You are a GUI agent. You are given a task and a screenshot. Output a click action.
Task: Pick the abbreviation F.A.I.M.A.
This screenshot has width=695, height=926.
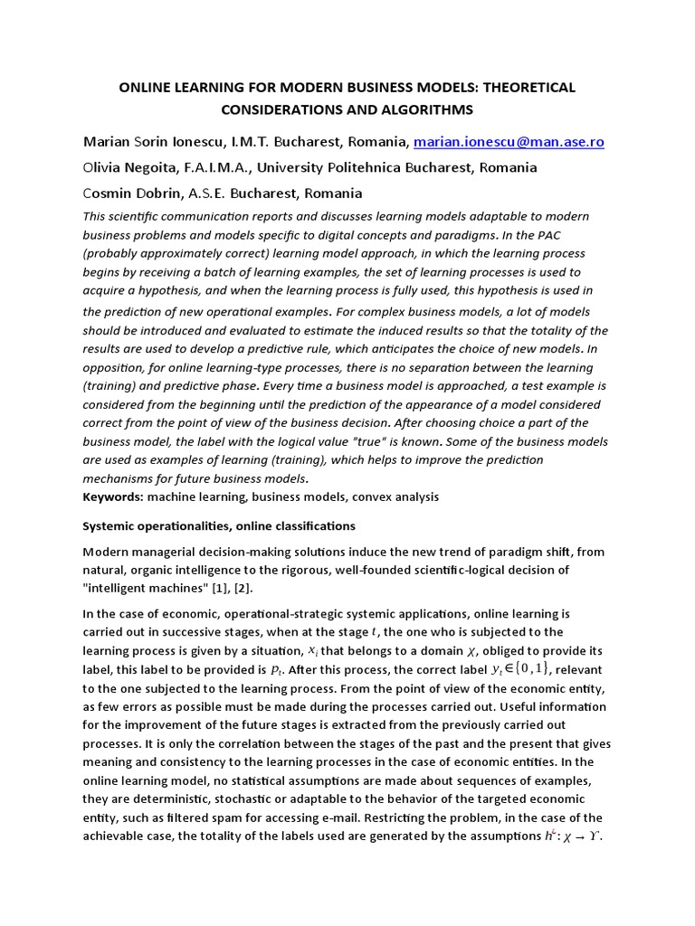221,167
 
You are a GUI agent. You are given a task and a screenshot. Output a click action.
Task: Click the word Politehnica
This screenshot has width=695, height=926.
367,167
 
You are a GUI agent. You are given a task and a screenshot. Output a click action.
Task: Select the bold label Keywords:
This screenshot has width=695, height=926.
113,496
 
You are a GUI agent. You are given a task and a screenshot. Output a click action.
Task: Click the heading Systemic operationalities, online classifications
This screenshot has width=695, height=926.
219,525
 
